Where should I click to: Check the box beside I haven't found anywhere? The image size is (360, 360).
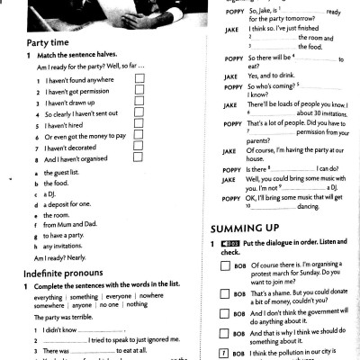click(x=139, y=79)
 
